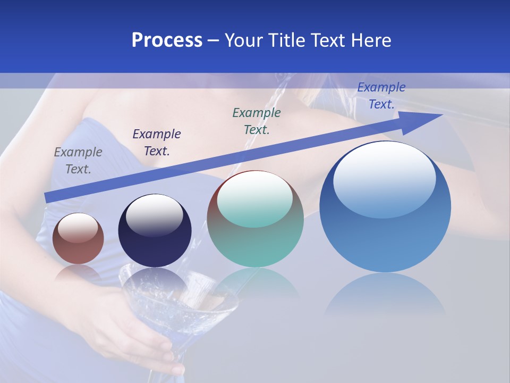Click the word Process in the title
pos(167,40)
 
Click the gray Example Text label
pos(78,161)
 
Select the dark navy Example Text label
pos(157,143)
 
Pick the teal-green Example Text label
pos(257,121)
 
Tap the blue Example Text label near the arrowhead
pos(381,96)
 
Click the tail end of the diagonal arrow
pos(48,197)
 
